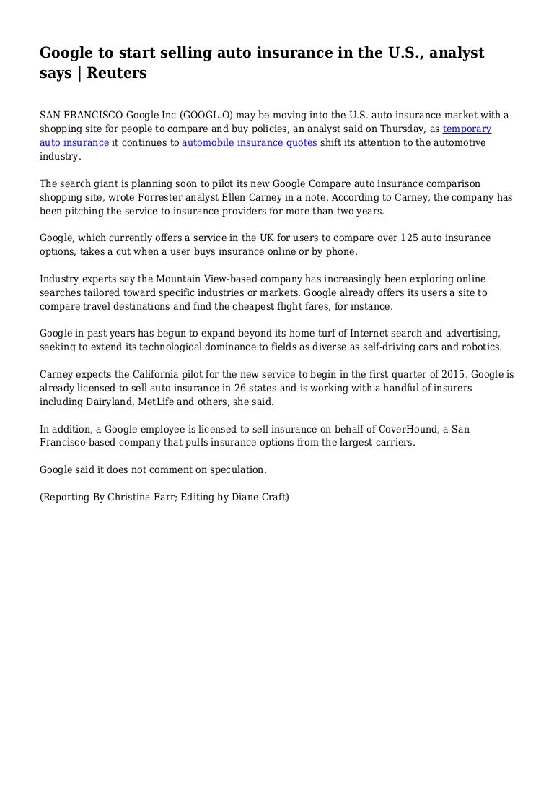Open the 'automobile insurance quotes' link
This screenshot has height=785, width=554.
250,142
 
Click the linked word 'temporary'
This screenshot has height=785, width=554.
467,129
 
